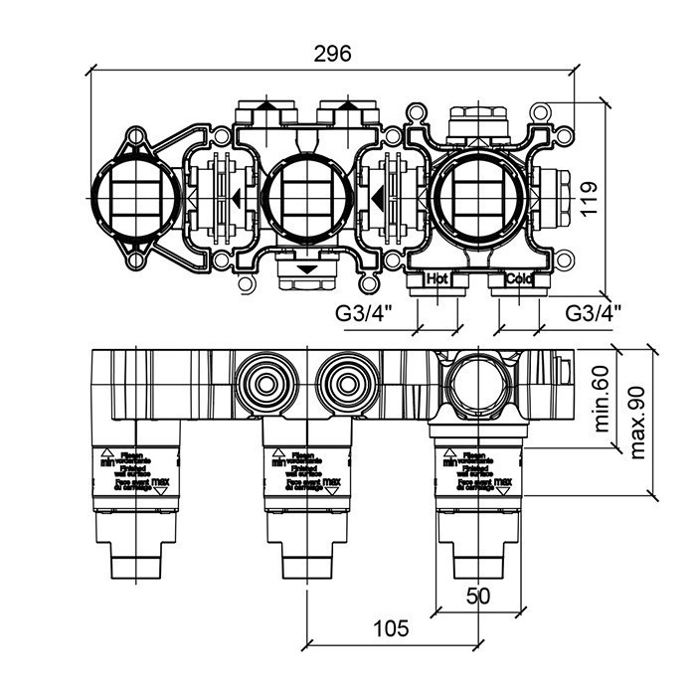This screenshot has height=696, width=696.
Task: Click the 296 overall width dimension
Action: point(333,55)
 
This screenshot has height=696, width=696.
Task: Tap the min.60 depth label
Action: point(601,398)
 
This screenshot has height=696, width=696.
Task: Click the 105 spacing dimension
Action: point(393,627)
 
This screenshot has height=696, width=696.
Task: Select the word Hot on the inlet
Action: point(437,280)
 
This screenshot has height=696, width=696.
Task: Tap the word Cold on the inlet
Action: point(518,280)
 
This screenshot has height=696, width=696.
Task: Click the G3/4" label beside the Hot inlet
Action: point(364,312)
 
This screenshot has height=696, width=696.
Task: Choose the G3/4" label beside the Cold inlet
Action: point(595,312)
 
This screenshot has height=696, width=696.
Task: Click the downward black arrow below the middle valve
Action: point(308,268)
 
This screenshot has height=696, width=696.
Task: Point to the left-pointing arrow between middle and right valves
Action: point(379,201)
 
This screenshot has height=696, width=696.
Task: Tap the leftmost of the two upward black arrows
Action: point(267,103)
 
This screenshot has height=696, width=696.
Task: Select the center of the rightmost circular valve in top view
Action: point(477,195)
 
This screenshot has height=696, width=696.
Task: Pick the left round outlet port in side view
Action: point(265,381)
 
